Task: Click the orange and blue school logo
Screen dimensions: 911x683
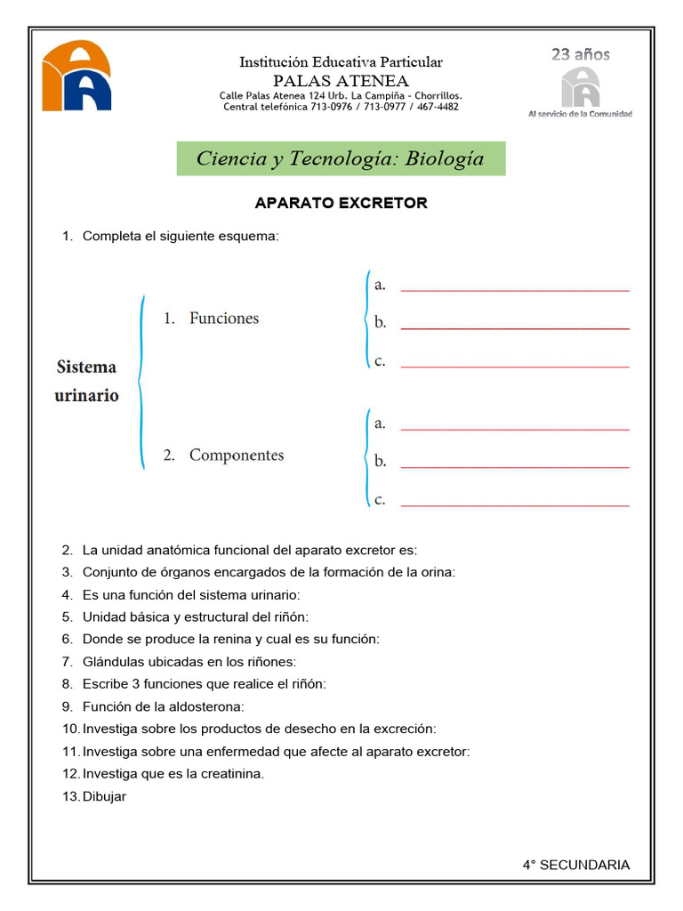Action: tap(76, 76)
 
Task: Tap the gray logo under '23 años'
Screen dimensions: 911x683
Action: tap(580, 87)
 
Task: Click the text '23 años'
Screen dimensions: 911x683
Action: tap(580, 54)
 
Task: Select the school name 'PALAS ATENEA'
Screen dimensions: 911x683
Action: tap(341, 80)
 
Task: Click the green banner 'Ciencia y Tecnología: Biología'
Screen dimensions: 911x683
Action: tap(341, 158)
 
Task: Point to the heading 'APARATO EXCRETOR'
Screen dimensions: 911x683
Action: tap(341, 203)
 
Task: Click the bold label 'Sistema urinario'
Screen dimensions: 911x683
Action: tap(86, 381)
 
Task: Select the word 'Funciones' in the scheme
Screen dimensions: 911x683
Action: tap(223, 318)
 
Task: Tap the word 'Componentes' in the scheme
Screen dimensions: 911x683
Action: tap(236, 455)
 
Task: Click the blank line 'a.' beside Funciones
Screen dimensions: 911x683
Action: tap(515, 289)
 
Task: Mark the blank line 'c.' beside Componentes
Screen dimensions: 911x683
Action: tap(515, 504)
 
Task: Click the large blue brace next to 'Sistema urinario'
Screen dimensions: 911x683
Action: tap(140, 383)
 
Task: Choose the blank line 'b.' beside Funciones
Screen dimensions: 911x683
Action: tap(515, 327)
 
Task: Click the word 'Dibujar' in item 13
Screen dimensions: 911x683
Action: tap(104, 796)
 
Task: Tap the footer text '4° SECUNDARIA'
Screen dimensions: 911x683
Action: tap(575, 865)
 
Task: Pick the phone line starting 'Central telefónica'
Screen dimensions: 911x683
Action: tap(341, 107)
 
